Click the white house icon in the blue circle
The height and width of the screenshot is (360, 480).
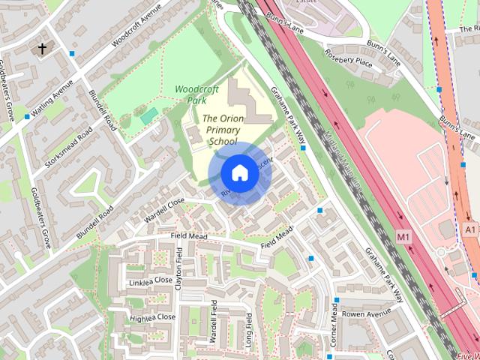239,173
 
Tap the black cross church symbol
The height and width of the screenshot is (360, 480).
43,49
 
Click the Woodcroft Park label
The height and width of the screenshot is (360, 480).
196,94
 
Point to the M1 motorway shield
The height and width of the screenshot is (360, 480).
404,237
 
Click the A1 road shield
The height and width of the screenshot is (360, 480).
470,228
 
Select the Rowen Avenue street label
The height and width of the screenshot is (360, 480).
367,313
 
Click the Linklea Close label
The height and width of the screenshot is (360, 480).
151,282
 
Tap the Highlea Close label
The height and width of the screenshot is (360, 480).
152,317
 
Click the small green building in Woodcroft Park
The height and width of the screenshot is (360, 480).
149,115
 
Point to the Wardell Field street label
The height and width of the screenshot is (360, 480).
214,322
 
